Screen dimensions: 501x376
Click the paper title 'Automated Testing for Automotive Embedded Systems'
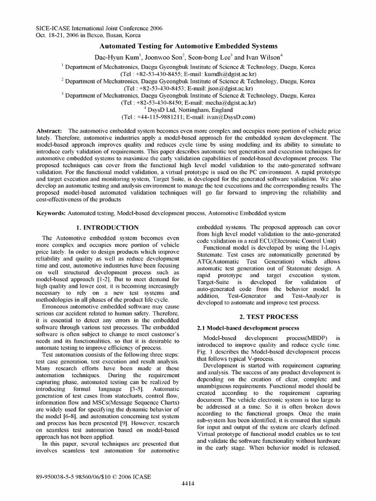(x=188, y=45)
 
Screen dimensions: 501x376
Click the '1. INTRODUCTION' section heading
(x=108, y=228)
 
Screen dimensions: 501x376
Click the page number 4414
(x=188, y=484)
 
